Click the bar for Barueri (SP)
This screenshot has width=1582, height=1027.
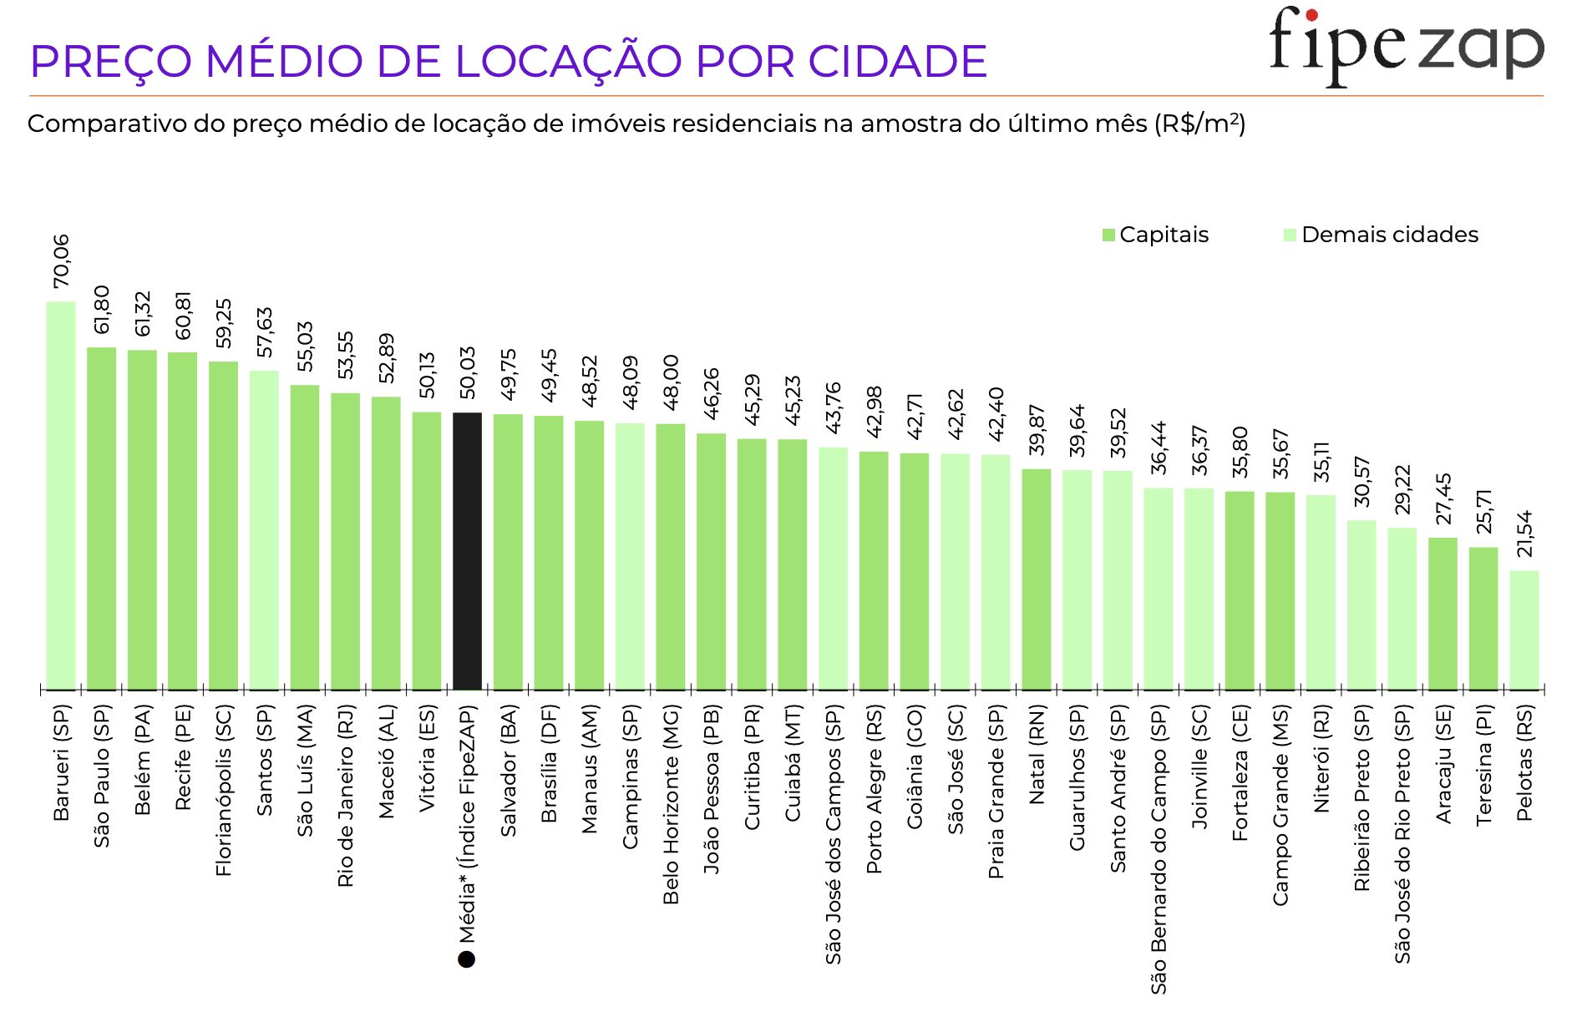pyautogui.click(x=61, y=496)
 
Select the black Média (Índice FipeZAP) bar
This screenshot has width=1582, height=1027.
pyautogui.click(x=467, y=551)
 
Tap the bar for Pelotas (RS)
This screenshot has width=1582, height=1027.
pyautogui.click(x=1524, y=630)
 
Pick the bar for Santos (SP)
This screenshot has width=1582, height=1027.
pyautogui.click(x=264, y=530)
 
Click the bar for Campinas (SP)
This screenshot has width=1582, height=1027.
pyautogui.click(x=630, y=557)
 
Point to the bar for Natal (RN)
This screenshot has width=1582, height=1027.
pyautogui.click(x=1037, y=579)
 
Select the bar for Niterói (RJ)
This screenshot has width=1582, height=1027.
pyautogui.click(x=1321, y=593)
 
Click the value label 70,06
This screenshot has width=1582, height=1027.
pyautogui.click(x=62, y=261)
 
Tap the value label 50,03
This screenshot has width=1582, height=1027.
pyautogui.click(x=468, y=373)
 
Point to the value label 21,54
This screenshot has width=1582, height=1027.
pyautogui.click(x=1525, y=534)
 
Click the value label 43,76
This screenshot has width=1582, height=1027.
pyautogui.click(x=834, y=408)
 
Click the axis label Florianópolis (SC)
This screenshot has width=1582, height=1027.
pyautogui.click(x=224, y=790)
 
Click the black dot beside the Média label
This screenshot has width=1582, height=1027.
pyautogui.click(x=467, y=959)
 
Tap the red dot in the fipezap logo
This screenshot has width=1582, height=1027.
pyautogui.click(x=1311, y=15)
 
